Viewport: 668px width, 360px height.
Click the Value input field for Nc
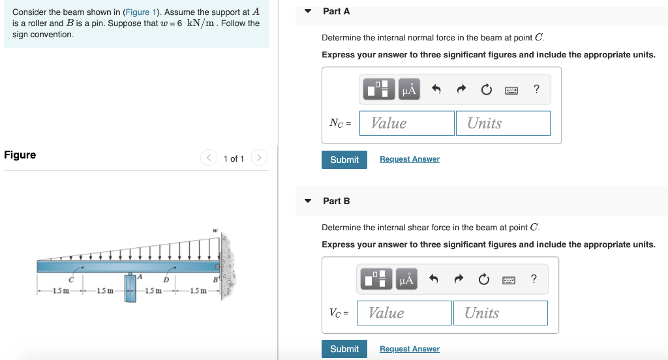pos(412,123)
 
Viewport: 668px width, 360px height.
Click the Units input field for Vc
pos(500,313)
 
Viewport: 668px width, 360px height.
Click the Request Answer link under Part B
pos(409,349)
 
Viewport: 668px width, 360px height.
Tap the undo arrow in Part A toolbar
pos(436,90)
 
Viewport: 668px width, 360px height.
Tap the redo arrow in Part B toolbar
pos(459,280)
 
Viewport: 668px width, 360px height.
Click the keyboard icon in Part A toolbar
pos(511,90)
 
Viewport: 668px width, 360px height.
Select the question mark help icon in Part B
pos(534,280)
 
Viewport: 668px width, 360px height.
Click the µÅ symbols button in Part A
pos(408,90)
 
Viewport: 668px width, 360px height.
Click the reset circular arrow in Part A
pos(486,90)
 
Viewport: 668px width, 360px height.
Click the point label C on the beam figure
pos(72,278)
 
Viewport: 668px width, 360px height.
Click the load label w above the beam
pos(215,230)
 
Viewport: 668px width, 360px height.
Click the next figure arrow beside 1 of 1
pos(259,158)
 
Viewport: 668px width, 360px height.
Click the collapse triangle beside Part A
pos(308,11)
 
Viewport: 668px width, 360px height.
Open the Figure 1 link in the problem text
pos(138,12)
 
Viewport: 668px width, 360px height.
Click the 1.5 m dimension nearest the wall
pos(198,290)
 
